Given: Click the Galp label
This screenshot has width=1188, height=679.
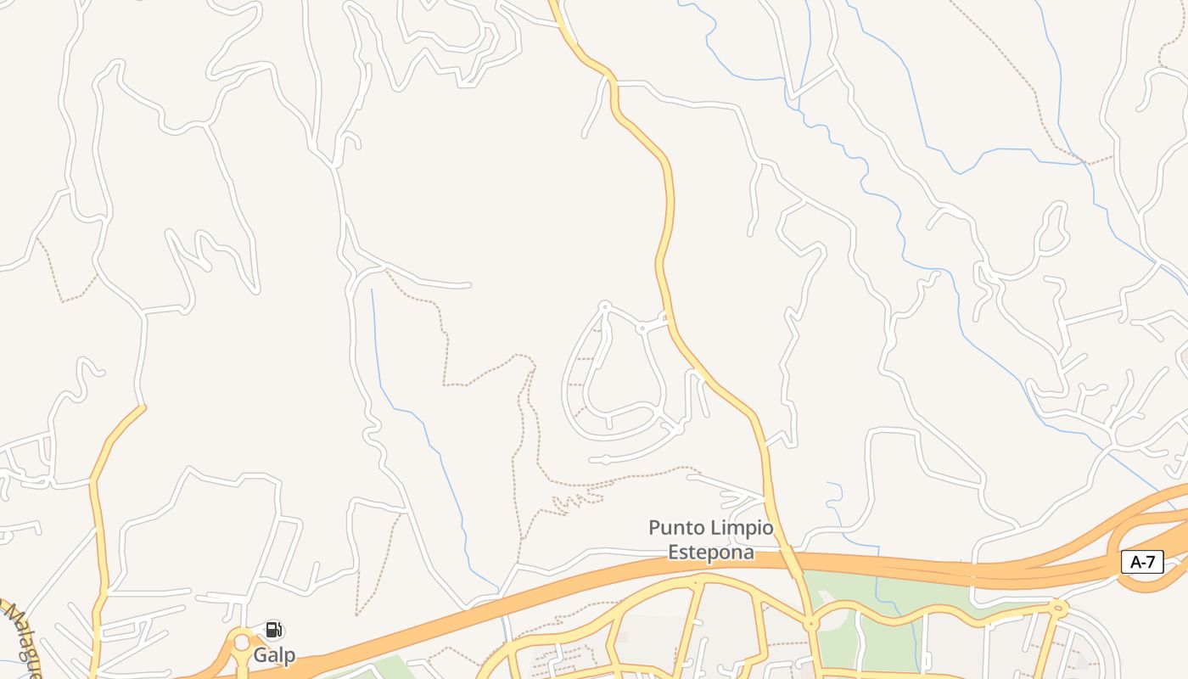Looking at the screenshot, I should [x=274, y=655].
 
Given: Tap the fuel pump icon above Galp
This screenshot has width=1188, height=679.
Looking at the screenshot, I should [x=273, y=630].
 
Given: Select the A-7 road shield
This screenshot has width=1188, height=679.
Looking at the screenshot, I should [x=1142, y=562].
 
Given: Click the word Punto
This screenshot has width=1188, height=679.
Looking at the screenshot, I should [x=677, y=528].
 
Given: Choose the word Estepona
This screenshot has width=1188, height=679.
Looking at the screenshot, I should [x=710, y=552].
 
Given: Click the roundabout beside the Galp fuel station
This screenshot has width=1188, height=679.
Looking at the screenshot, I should [x=242, y=643].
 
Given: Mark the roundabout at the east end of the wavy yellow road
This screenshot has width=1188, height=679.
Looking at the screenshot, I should [x=1057, y=607].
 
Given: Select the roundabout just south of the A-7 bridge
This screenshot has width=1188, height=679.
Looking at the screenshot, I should [x=811, y=624].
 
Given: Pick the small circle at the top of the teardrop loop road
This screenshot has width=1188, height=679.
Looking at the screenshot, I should [x=605, y=306].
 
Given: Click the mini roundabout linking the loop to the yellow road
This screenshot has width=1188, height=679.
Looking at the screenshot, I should [x=642, y=328].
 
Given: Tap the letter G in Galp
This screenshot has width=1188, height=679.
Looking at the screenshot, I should [x=260, y=655].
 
